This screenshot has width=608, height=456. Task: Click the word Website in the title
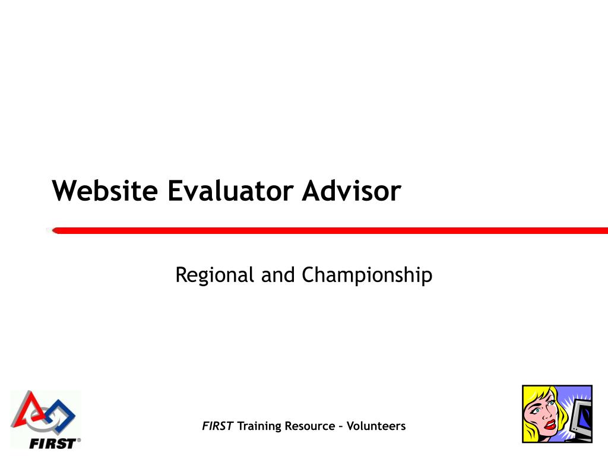click(104, 191)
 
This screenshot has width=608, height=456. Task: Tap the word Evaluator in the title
click(230, 191)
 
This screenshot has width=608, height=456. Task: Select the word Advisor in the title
click(351, 191)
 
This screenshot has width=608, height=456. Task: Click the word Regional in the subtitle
click(214, 275)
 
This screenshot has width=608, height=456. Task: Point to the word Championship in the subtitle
click(367, 275)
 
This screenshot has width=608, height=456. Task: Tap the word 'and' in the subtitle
click(278, 275)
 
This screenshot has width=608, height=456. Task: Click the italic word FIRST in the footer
click(217, 426)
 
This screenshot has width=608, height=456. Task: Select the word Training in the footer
click(259, 426)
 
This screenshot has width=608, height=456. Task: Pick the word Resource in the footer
click(309, 426)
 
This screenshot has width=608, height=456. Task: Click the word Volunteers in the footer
click(376, 426)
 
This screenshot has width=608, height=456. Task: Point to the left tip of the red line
click(52, 231)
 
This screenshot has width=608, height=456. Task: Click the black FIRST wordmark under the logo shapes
click(52, 443)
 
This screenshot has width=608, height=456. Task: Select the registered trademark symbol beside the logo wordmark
click(79, 440)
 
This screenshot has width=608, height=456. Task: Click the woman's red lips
click(550, 424)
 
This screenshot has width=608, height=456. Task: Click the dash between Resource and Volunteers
click(340, 427)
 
